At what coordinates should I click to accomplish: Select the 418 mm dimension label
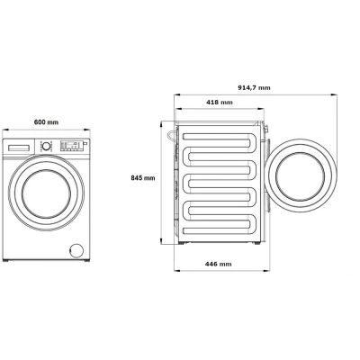tap(219, 103)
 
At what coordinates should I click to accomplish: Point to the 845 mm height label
tap(143, 178)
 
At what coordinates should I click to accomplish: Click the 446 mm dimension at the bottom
tap(219, 264)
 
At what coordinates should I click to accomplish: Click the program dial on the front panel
tap(45, 145)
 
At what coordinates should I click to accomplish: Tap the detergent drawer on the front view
tap(19, 145)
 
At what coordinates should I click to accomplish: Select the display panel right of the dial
tap(69, 145)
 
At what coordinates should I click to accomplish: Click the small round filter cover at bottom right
tap(76, 249)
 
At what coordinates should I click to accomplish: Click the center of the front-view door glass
tap(46, 193)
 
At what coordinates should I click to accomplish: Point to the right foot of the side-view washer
tap(258, 243)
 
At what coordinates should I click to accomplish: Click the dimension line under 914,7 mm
tap(254, 94)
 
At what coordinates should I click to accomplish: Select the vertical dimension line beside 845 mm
tap(161, 180)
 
